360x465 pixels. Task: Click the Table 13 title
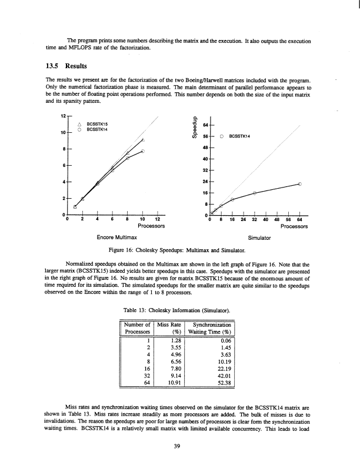pos(180,309)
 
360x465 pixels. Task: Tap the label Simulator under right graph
pos(259,237)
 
